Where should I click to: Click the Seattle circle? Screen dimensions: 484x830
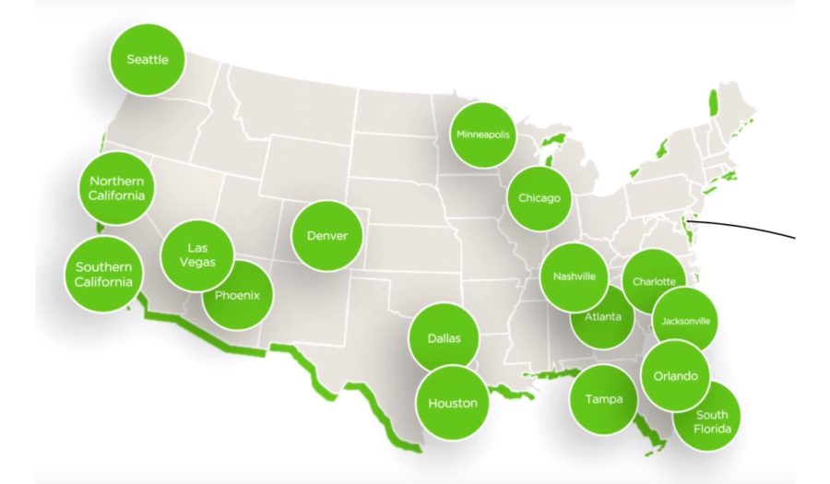[147, 59]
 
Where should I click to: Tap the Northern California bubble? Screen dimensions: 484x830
[116, 188]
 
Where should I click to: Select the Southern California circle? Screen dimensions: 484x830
[103, 274]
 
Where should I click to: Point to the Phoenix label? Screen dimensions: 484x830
[237, 296]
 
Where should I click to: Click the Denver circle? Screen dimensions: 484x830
[327, 235]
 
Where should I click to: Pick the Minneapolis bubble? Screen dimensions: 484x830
[483, 135]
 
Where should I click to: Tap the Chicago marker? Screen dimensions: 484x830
[539, 198]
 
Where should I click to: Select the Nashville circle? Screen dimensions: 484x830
[574, 277]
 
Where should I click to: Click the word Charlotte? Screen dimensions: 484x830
[654, 282]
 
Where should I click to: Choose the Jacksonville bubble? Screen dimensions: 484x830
[685, 321]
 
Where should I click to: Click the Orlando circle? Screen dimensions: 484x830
[675, 375]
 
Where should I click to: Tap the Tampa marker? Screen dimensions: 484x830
[604, 399]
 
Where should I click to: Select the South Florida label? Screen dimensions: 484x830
[712, 422]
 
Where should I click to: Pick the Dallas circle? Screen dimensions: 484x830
[444, 338]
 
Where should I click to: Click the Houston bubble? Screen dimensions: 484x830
[452, 403]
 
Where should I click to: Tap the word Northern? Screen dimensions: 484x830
[116, 182]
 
